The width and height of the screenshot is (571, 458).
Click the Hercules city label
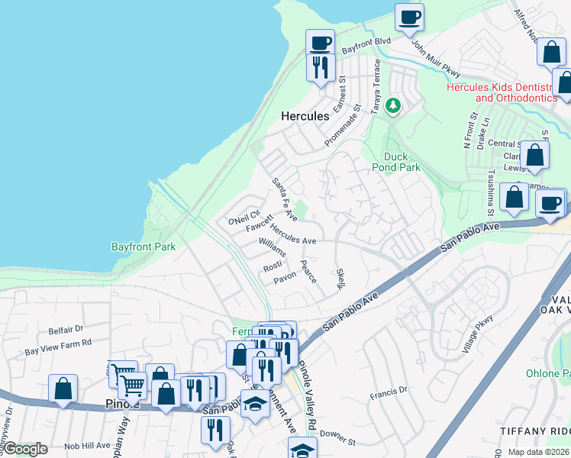tap(305, 117)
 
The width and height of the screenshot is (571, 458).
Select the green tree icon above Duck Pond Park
tap(393, 106)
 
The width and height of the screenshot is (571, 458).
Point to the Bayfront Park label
tap(144, 247)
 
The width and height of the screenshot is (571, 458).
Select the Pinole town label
tap(122, 402)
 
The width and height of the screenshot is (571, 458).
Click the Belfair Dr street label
tap(66, 331)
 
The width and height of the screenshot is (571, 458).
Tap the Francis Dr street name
tap(389, 392)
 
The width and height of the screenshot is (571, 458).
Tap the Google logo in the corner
tap(25, 448)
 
